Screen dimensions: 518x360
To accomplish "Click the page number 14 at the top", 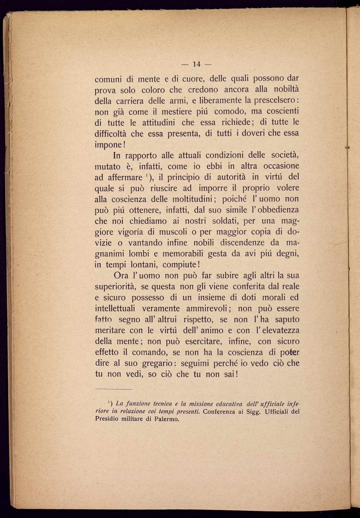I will coord(197,64).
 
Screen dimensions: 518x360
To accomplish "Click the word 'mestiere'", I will coord(191,112).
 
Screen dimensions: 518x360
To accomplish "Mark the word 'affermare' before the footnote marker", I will coord(119,177).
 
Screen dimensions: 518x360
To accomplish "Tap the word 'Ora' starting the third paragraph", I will coord(121,276).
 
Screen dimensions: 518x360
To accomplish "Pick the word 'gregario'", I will coord(158,363).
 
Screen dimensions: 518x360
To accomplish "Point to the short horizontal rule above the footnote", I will coord(114,389).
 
